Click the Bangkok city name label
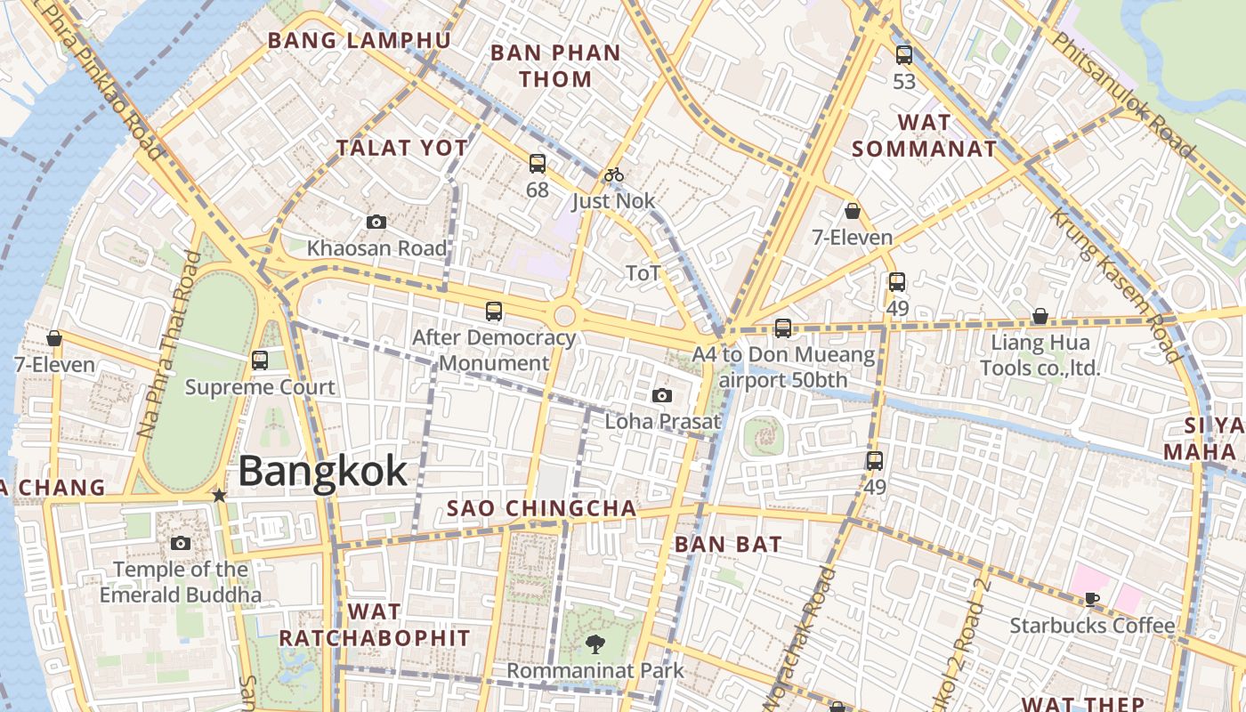(x=322, y=471)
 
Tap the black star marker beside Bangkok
(x=219, y=495)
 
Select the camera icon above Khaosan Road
(x=376, y=222)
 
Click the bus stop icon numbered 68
(x=538, y=164)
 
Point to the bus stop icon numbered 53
(x=904, y=55)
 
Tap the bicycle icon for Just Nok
(x=613, y=174)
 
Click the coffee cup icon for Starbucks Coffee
(x=1092, y=599)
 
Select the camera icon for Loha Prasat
(x=662, y=395)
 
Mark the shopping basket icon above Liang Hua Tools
(x=1040, y=316)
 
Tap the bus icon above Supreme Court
(x=260, y=360)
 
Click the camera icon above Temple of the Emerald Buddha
(x=181, y=543)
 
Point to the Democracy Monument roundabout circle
(x=564, y=315)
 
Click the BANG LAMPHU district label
(x=360, y=41)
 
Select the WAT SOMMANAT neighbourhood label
(x=924, y=135)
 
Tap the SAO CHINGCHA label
(x=541, y=509)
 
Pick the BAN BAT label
(x=728, y=545)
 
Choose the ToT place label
(x=643, y=273)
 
